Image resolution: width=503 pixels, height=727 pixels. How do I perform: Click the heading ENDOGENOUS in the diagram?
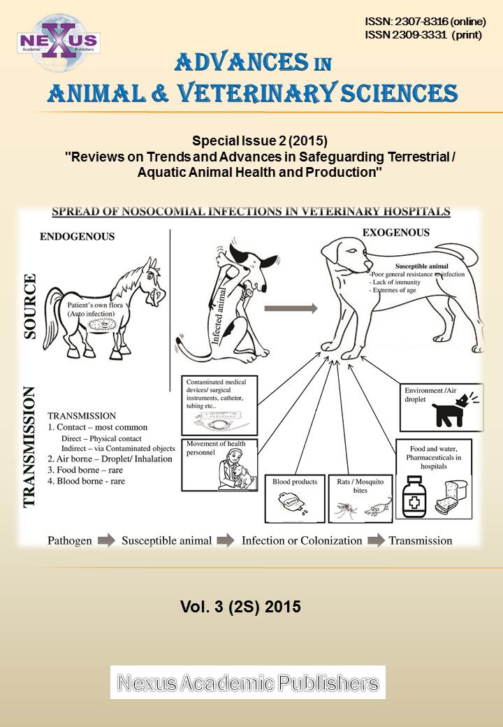(77, 236)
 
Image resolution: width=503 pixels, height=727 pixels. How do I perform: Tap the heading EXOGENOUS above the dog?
(396, 232)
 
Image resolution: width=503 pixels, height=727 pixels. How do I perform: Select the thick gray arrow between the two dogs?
(290, 308)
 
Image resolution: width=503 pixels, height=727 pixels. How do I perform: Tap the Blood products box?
(295, 498)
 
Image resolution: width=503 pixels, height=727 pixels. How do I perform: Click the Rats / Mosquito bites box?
(360, 498)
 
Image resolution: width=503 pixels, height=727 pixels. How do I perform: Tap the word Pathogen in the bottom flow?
(69, 540)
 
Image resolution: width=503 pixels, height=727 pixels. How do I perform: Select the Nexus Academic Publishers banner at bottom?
(247, 682)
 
